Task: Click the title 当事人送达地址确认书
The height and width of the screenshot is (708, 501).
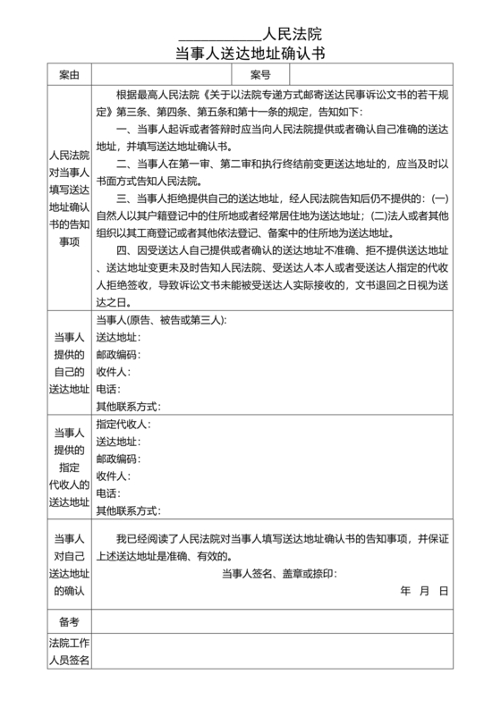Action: tap(250, 54)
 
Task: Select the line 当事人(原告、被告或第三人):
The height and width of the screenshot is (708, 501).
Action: tap(161, 320)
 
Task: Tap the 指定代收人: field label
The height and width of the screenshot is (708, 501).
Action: tap(123, 424)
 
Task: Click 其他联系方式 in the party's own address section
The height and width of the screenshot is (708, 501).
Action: tap(127, 406)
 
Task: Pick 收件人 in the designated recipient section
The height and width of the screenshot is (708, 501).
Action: tap(113, 476)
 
